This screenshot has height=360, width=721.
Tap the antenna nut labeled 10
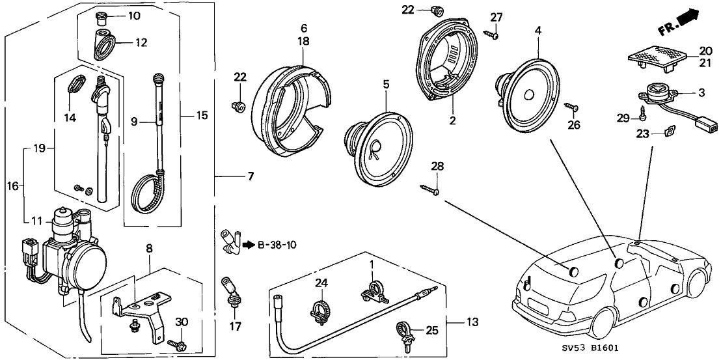(x=101, y=16)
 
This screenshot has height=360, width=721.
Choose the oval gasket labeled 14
(x=76, y=86)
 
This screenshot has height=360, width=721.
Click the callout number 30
(x=182, y=321)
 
